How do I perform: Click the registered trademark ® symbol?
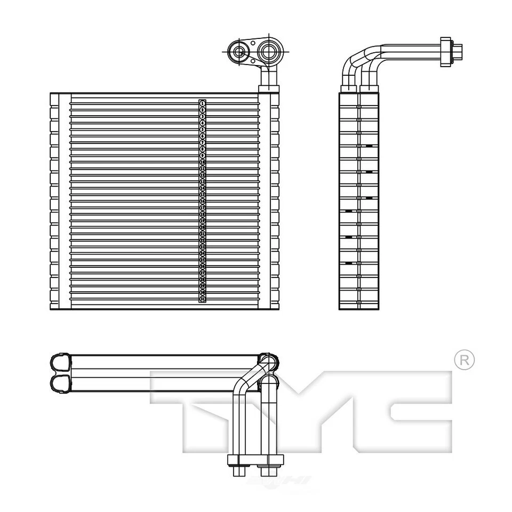pyautogui.click(x=464, y=360)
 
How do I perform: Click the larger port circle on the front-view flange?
pyautogui.click(x=269, y=52)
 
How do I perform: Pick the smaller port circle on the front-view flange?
pyautogui.click(x=238, y=52)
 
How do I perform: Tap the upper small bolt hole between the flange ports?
pyautogui.click(x=253, y=44)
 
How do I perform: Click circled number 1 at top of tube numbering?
pyautogui.click(x=203, y=103)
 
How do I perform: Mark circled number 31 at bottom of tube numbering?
pyautogui.click(x=203, y=299)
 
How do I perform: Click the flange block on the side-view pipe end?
pyautogui.click(x=446, y=52)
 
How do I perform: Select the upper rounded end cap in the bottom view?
pyautogui.click(x=60, y=362)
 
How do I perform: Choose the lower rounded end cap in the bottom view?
pyautogui.click(x=60, y=383)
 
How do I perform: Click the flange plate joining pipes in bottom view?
pyautogui.click(x=255, y=460)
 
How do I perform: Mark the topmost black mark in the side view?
pyautogui.click(x=369, y=146)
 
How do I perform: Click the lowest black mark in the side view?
pyautogui.click(x=349, y=263)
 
